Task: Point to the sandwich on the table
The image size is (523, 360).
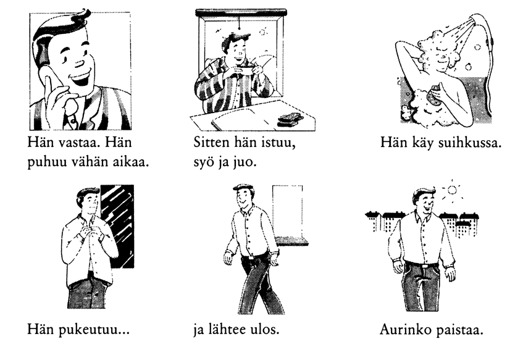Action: (x=290, y=119)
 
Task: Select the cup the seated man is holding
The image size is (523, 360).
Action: (x=243, y=72)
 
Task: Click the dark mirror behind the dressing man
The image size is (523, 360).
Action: (x=118, y=226)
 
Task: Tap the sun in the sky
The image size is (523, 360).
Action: (x=452, y=190)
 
